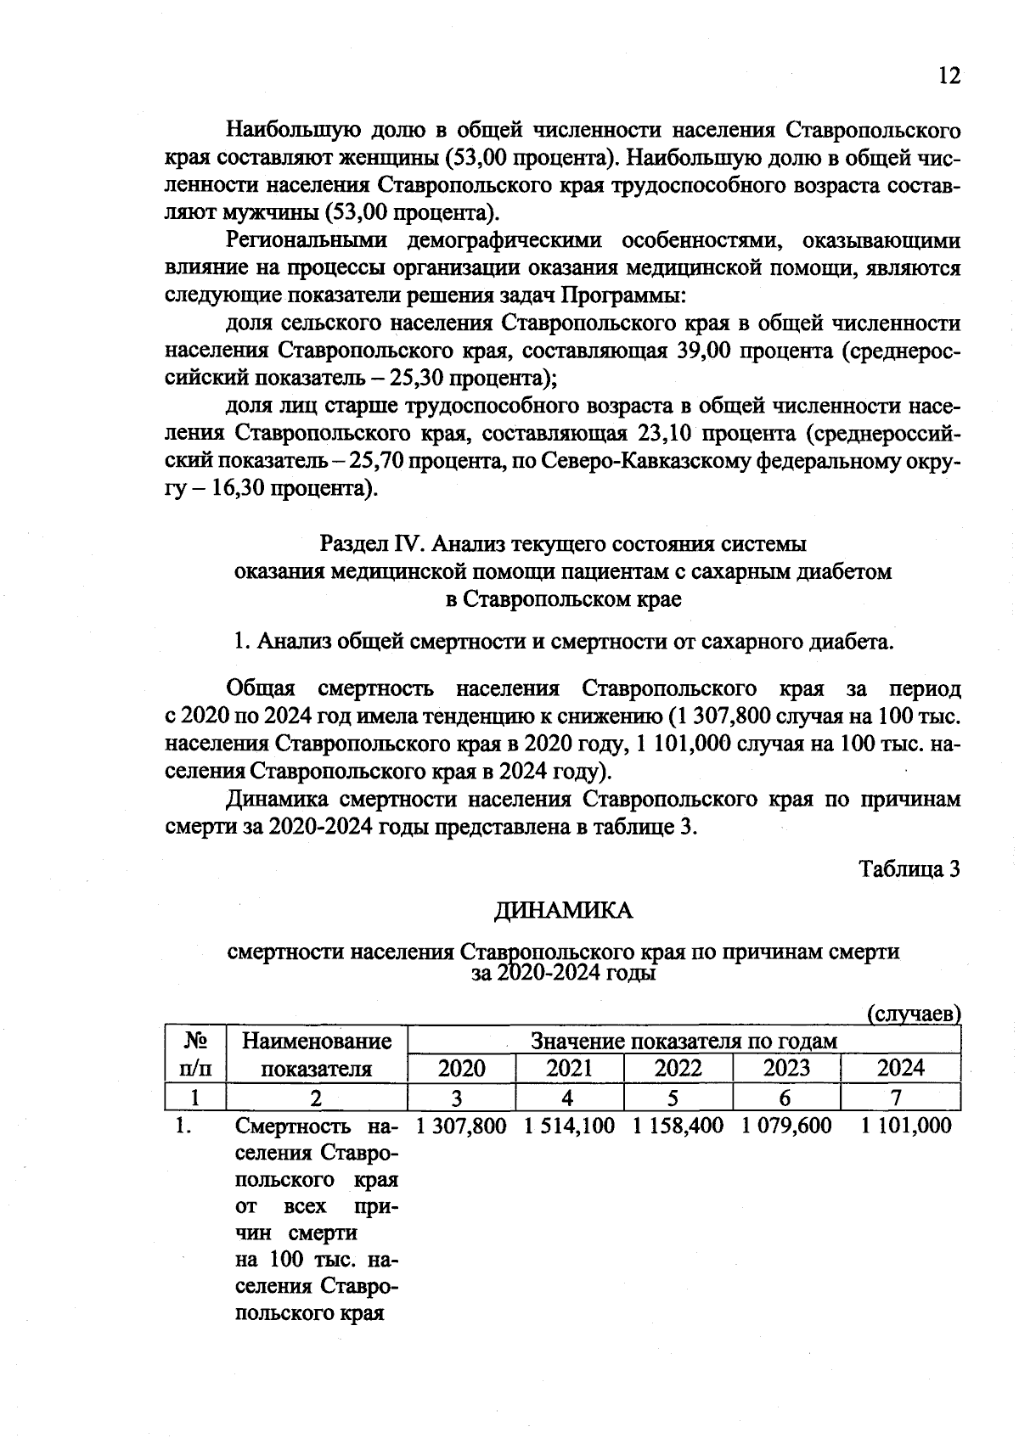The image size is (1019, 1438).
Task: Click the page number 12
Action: tap(949, 76)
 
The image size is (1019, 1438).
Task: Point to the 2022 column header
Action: tap(678, 1068)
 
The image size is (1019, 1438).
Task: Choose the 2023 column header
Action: tap(786, 1068)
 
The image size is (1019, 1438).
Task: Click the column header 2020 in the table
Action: tap(461, 1068)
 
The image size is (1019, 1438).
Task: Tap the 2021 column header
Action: tap(569, 1068)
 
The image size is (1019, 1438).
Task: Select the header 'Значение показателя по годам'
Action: tap(684, 1041)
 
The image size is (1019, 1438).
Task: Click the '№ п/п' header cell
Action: tap(195, 1053)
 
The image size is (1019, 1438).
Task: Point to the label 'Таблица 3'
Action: tap(909, 869)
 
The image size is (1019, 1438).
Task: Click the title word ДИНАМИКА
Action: tap(564, 911)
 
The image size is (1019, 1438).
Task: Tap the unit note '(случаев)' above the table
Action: tap(914, 1014)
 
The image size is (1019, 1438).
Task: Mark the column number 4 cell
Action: tap(568, 1098)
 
